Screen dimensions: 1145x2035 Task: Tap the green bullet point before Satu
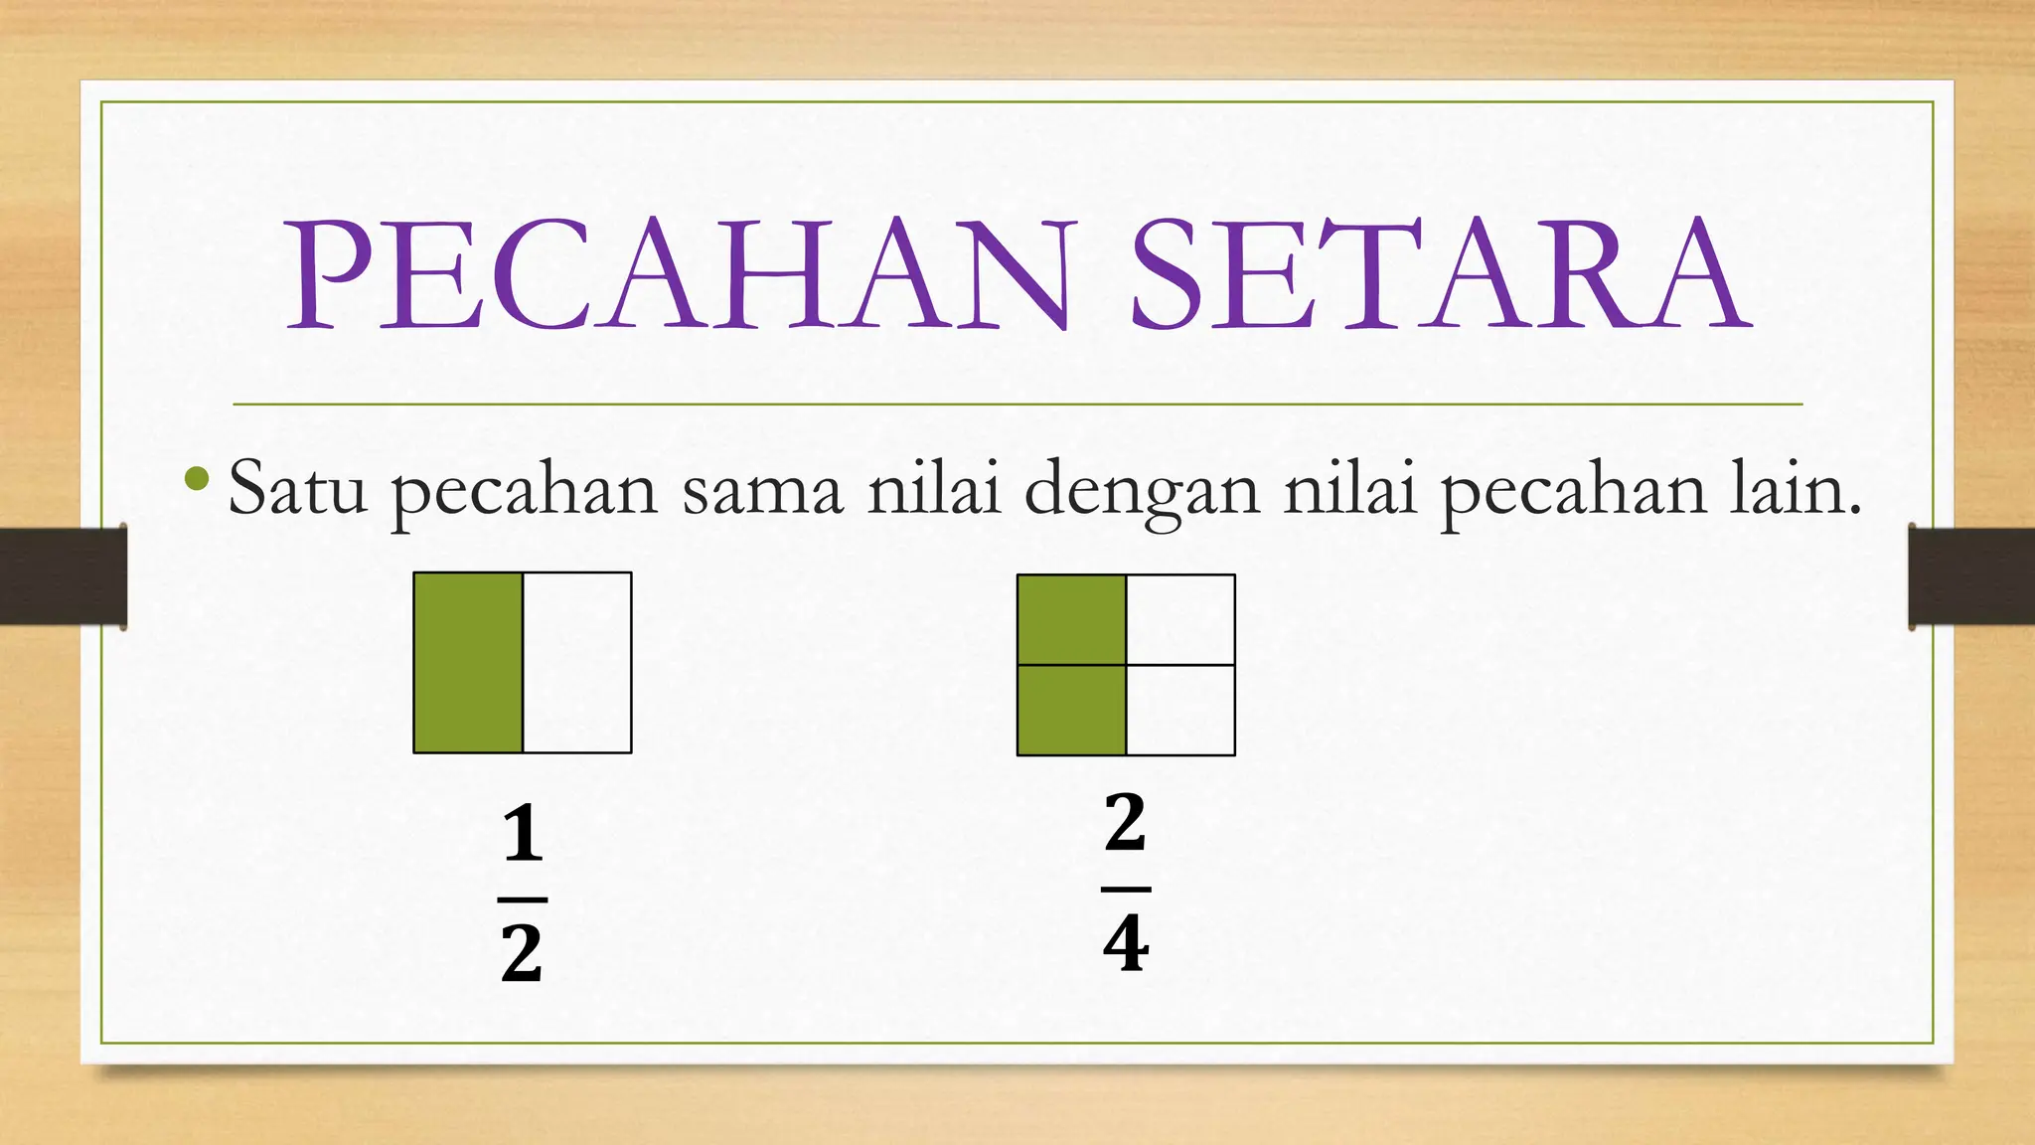[x=197, y=480]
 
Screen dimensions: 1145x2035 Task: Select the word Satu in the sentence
[x=297, y=489]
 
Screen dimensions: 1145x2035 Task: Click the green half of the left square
[x=468, y=662]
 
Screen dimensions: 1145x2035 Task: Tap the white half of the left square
[x=577, y=662]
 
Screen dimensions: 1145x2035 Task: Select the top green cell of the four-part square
[x=1071, y=619]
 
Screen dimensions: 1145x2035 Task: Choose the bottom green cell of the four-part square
[x=1071, y=710]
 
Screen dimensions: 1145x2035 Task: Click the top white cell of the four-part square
[x=1180, y=619]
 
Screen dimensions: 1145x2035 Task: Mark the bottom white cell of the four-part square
[x=1180, y=710]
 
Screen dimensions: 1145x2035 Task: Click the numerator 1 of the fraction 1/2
[x=523, y=835]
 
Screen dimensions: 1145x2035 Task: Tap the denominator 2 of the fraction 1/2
[x=523, y=953]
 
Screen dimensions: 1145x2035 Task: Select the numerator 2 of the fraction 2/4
[x=1126, y=822]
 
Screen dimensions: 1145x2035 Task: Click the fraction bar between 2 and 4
[x=1126, y=889]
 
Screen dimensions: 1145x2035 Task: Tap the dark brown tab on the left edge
[x=63, y=576]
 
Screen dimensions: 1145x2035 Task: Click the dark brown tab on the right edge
[x=1971, y=576]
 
